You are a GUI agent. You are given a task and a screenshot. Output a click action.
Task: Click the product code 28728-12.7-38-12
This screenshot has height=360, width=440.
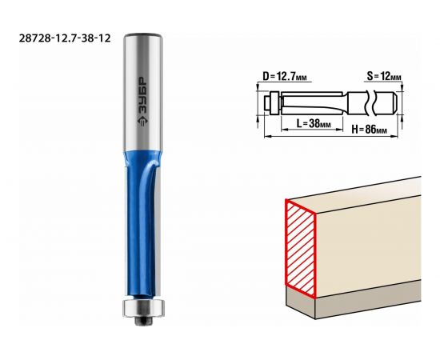coord(65,38)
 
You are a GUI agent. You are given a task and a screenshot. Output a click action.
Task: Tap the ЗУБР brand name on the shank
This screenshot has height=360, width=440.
coord(142,96)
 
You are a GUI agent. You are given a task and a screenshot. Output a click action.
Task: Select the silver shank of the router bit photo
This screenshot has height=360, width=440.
coord(143,93)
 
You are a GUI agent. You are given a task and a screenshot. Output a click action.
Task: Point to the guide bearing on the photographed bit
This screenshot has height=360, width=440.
coord(143,308)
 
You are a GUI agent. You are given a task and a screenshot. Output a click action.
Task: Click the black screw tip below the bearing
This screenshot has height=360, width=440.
coord(143,322)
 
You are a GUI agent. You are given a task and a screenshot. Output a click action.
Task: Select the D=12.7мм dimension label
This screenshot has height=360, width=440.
coord(284,76)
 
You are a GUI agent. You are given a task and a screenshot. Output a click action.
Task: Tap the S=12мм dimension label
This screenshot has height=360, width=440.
coord(384,76)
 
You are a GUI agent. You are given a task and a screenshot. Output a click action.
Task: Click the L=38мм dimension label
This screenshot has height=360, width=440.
coord(314,123)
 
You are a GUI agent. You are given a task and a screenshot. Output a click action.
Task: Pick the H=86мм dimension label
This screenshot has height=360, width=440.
coord(370,130)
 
